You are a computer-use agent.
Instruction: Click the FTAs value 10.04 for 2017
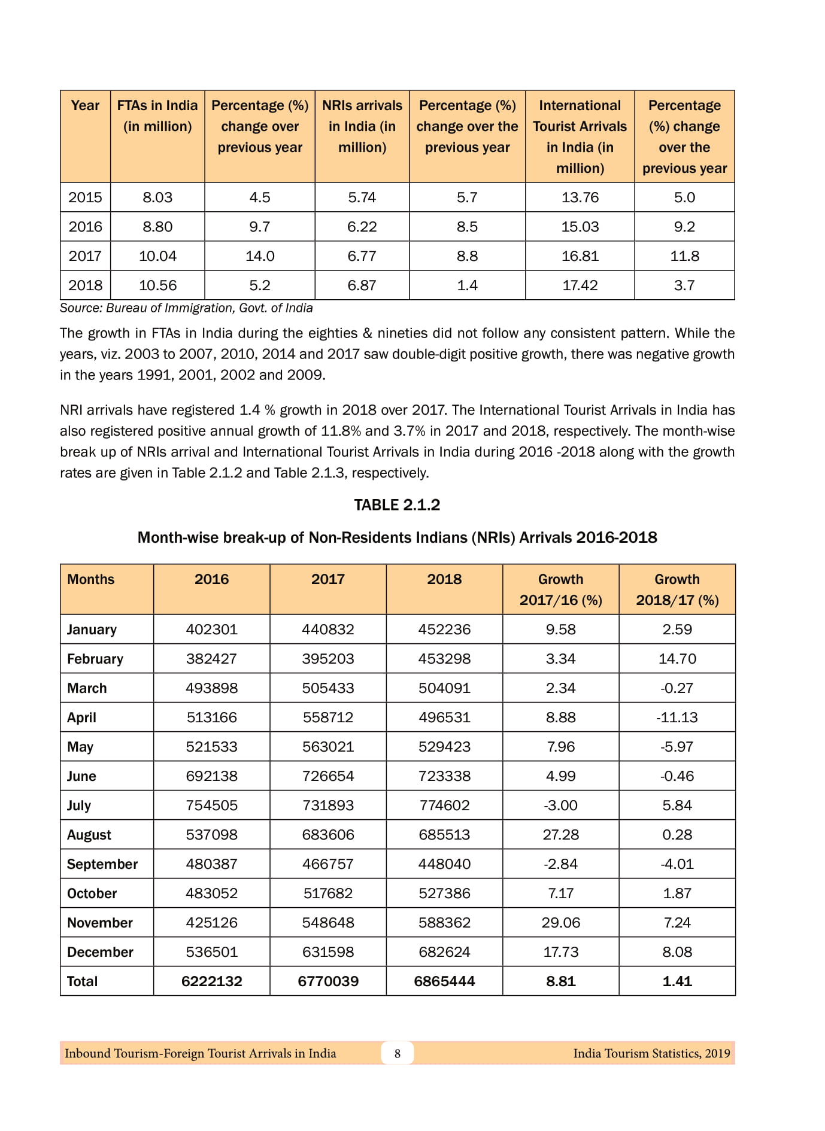157,256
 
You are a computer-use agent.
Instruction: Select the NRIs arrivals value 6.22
362,227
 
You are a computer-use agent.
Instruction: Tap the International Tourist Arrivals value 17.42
580,285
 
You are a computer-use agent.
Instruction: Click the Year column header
85,106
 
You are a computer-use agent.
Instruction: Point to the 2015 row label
85,197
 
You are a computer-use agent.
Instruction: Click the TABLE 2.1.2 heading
397,505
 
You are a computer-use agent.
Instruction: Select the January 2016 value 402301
211,630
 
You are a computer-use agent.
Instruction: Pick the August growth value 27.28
560,835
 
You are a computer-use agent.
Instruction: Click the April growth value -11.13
677,717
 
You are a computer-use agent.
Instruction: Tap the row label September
102,864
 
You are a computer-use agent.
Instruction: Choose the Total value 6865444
444,981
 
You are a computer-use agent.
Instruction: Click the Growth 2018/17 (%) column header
677,589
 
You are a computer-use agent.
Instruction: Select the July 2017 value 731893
328,805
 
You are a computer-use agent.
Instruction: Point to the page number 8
397,1053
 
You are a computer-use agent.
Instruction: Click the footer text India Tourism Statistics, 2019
651,1053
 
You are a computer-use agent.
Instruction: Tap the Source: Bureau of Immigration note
186,308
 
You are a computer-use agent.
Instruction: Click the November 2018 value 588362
444,923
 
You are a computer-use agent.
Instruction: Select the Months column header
91,579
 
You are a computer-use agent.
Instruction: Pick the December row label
100,952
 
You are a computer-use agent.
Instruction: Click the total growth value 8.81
560,981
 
